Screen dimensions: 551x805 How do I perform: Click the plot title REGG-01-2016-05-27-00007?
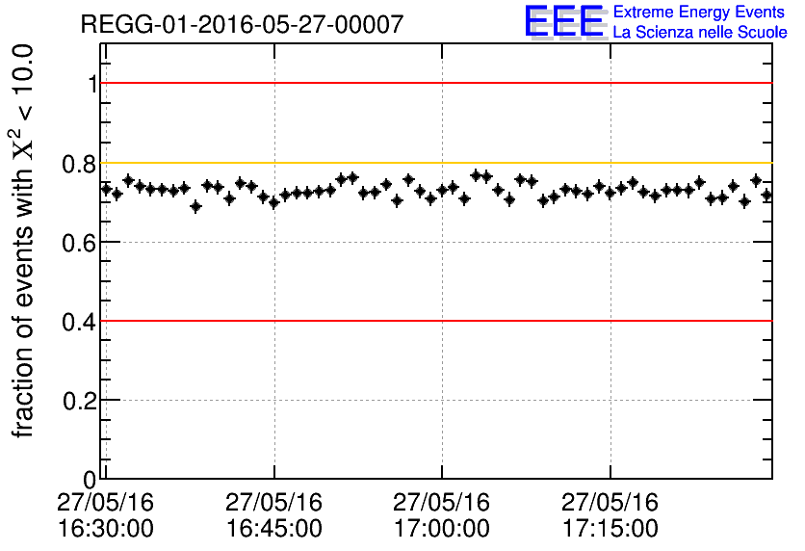coord(242,24)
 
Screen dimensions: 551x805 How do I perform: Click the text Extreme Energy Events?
coord(699,13)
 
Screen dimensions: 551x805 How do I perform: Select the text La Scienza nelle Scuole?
coord(699,33)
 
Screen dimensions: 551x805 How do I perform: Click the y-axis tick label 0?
coord(91,479)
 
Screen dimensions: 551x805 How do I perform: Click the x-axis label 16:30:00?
coord(106,529)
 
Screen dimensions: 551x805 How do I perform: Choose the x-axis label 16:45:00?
coord(274,529)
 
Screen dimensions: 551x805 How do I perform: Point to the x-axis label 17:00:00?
coord(442,529)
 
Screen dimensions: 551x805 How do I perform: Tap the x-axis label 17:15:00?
coord(610,529)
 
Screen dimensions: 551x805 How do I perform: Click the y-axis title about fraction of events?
coord(24,241)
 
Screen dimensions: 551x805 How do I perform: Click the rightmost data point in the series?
coord(766,195)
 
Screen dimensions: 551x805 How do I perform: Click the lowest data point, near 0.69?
coord(195,206)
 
